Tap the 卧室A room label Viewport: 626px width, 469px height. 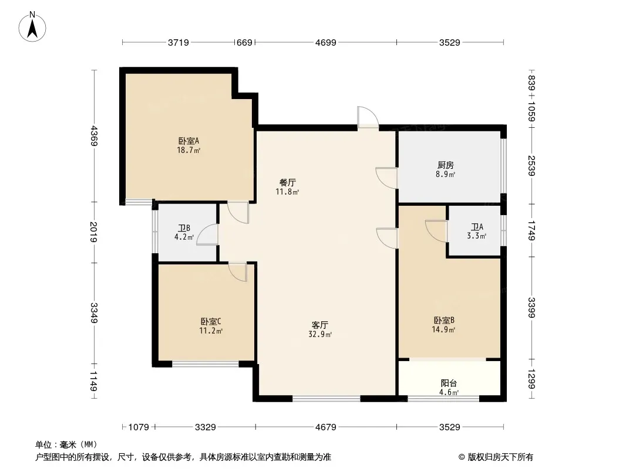189,141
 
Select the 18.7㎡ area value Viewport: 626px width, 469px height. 189,150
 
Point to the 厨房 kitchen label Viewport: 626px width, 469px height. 446,165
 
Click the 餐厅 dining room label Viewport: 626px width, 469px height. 287,182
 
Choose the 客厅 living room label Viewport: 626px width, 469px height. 320,325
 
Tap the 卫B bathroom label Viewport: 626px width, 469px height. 184,228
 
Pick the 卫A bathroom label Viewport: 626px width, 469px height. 477,227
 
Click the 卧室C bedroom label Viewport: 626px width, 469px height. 211,321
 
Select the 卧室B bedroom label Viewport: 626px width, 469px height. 444,320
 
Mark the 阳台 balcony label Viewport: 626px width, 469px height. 449,383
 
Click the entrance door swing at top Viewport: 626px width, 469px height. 368,117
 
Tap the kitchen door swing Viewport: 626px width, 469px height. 386,178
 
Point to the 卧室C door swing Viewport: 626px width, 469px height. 238,272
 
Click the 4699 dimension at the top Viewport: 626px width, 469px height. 326,42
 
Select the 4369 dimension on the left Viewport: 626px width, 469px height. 93,136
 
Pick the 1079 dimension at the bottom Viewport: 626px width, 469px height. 139,427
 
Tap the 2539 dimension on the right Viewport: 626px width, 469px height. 531,166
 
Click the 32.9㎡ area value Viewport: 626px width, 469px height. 320,334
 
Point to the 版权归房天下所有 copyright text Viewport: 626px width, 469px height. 500,457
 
